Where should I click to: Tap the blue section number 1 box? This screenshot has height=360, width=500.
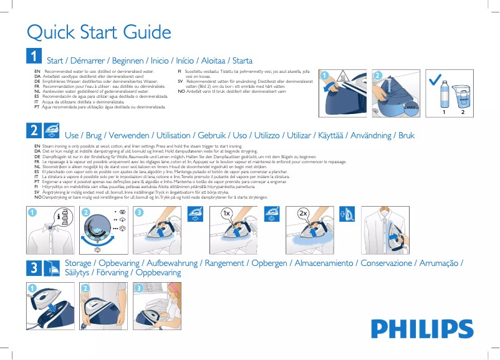tap(33, 57)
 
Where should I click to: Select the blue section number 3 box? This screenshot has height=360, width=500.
tap(33, 268)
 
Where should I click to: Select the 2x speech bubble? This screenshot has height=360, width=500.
tap(304, 213)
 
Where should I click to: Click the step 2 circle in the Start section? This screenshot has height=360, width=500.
tap(378, 75)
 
